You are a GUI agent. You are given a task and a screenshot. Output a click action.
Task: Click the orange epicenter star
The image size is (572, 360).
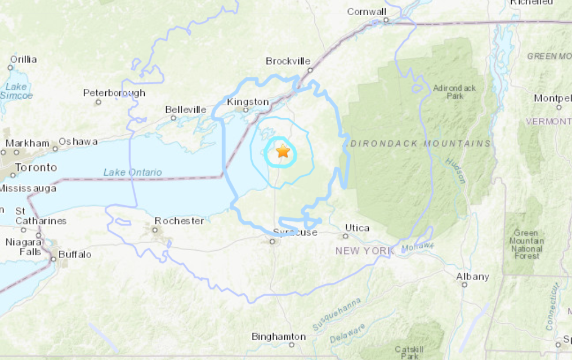(283, 152)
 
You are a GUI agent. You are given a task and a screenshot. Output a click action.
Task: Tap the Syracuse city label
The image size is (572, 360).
(295, 232)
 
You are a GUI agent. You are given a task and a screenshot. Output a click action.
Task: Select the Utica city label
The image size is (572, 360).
(357, 228)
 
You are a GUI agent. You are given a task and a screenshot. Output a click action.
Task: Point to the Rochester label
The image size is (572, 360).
(180, 221)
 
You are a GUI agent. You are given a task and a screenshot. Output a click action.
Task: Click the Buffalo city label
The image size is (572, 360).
(75, 254)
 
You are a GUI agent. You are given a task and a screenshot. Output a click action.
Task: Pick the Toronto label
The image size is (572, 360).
(35, 167)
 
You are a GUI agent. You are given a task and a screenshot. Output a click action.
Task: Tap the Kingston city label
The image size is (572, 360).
(248, 102)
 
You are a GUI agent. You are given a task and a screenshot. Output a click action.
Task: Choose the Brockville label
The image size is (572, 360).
(288, 61)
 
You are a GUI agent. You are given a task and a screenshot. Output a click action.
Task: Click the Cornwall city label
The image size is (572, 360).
(366, 11)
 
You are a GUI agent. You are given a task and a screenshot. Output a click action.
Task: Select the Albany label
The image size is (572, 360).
(472, 276)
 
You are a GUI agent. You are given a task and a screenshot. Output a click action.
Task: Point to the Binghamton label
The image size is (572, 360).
(279, 337)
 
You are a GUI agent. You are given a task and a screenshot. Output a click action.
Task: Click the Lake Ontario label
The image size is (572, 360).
(132, 172)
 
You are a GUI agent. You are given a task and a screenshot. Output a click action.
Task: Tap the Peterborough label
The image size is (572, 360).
(114, 93)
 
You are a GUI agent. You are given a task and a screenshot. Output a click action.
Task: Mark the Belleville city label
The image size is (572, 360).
(186, 110)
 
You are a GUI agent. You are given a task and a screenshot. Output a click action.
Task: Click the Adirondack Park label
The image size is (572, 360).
(455, 92)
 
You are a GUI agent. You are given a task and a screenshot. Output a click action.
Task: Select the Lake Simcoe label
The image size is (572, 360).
(16, 91)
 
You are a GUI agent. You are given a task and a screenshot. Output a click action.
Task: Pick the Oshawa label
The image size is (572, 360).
(78, 141)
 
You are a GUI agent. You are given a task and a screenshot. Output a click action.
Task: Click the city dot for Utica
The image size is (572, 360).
(346, 236)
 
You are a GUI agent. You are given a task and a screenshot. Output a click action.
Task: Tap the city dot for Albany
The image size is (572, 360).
(464, 285)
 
